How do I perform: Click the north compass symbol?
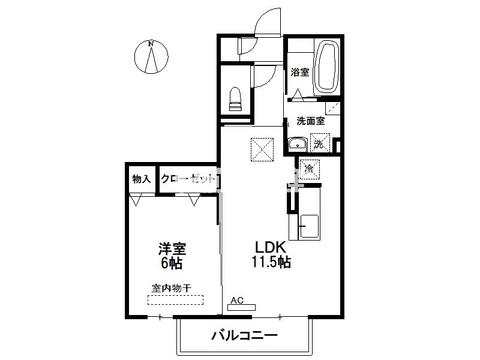point(151,57)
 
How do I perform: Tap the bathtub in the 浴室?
point(326,67)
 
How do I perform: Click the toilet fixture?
point(235,99)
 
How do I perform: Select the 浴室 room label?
point(299,72)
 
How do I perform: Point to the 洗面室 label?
point(310,121)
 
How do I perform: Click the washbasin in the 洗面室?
point(298,144)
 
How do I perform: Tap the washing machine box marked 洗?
point(320,143)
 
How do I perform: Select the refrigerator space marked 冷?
point(310,169)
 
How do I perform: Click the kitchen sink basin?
point(309,227)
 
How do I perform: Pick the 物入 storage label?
point(142,179)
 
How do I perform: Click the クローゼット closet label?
point(188,178)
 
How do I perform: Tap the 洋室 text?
point(172,249)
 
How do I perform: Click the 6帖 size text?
point(172,263)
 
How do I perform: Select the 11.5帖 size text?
point(271,262)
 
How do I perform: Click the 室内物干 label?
point(172,288)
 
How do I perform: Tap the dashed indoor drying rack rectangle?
point(175,299)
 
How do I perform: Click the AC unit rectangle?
point(241,307)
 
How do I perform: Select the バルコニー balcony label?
point(245,335)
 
